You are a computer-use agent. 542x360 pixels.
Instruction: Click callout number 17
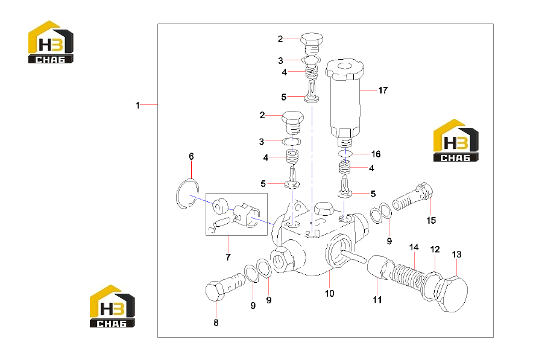383,90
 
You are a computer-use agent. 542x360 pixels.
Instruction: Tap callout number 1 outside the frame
137,105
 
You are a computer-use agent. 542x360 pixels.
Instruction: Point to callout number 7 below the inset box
228,257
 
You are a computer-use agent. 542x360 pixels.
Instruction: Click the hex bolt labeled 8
225,286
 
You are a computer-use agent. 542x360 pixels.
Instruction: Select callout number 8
216,323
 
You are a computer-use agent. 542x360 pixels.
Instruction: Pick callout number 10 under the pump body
329,293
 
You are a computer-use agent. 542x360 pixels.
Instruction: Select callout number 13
456,254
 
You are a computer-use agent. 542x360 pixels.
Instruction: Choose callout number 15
431,220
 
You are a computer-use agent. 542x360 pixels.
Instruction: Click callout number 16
376,154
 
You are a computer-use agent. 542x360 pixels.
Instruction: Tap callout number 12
435,249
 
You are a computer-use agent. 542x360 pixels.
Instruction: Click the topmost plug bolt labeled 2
312,44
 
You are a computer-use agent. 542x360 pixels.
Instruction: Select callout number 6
191,156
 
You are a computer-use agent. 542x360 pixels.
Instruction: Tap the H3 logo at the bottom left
112,306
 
